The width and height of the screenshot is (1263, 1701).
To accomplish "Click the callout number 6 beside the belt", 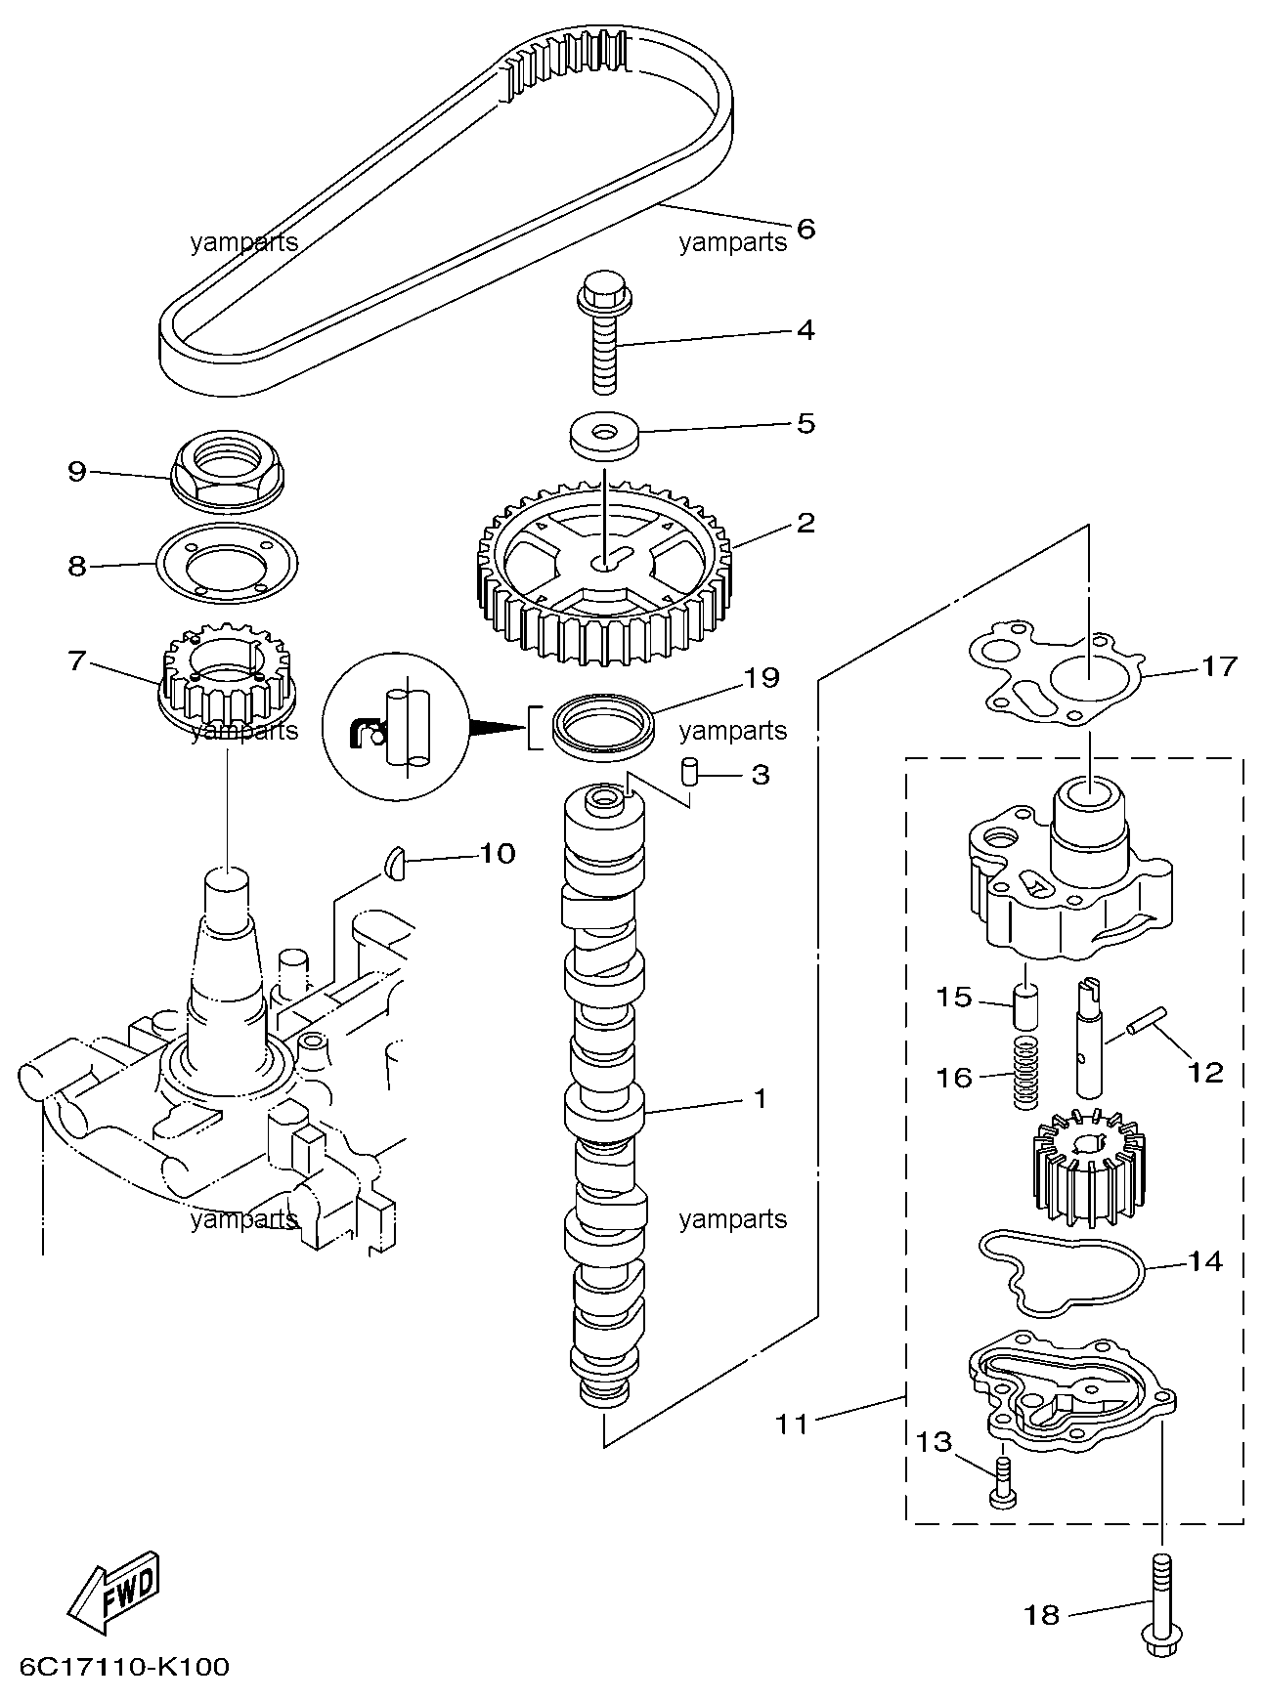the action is (x=806, y=229).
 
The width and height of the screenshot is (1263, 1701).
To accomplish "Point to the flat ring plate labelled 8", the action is (x=228, y=567).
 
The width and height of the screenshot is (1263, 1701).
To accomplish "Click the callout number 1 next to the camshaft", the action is (x=760, y=1099).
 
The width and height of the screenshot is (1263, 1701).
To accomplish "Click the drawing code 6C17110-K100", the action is (x=123, y=1666).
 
